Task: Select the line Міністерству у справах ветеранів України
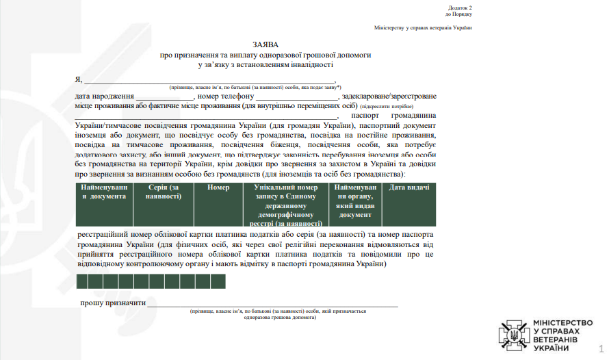423,28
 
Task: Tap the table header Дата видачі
409,188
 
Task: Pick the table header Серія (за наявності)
165,192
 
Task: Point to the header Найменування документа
103,192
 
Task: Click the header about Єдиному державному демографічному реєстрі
285,205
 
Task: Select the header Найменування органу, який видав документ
355,200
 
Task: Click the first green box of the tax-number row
83,281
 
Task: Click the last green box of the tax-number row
218,281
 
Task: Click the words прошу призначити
113,303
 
